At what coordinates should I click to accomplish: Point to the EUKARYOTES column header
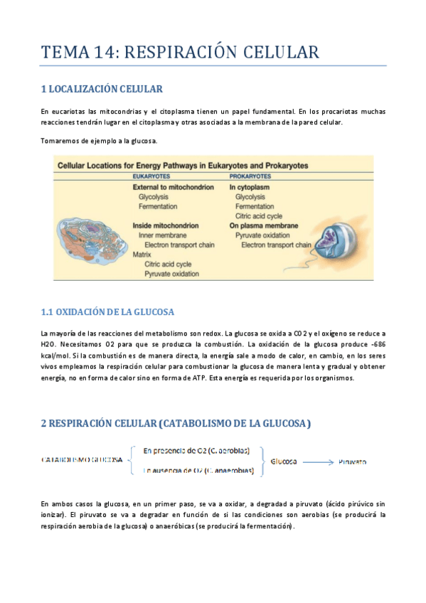(x=151, y=175)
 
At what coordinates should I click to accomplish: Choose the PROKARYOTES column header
(x=250, y=175)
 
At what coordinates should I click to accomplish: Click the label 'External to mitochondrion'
(x=169, y=186)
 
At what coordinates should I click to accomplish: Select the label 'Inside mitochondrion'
(x=163, y=225)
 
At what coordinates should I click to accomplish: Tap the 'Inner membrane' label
(x=162, y=235)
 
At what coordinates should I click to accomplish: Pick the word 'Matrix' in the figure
(x=143, y=254)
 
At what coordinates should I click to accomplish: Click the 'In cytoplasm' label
(x=249, y=186)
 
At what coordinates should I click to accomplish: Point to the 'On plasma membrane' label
(x=262, y=225)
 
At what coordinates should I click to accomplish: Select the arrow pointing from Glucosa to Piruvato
(x=316, y=461)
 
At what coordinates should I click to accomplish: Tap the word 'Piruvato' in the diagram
(x=352, y=461)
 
